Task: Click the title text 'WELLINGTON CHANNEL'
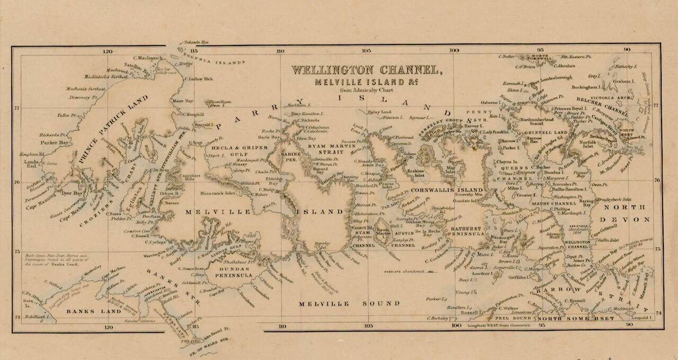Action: [x=365, y=70]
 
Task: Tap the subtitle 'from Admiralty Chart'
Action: [x=365, y=89]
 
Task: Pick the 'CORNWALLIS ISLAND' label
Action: [x=447, y=190]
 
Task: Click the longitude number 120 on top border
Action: [x=108, y=51]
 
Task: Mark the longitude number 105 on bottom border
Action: [x=366, y=326]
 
